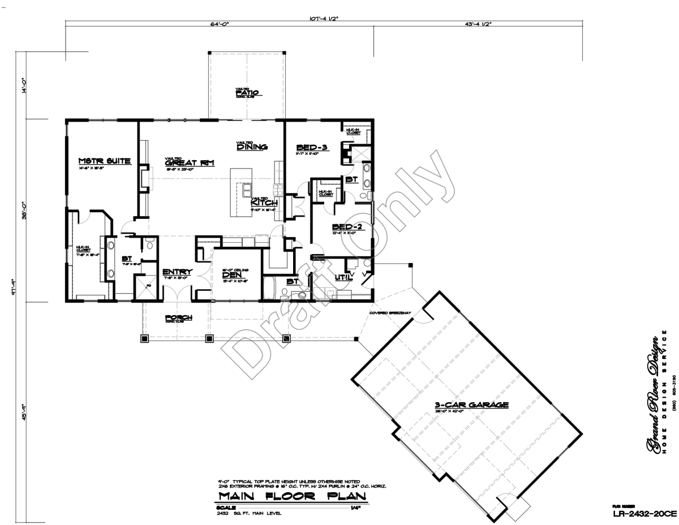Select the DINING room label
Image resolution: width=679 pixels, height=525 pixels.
(252, 147)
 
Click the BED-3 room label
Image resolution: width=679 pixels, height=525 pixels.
(312, 147)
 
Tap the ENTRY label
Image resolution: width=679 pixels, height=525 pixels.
(177, 272)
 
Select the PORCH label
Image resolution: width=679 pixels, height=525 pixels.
(178, 317)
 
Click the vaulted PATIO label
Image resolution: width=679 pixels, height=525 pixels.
(247, 93)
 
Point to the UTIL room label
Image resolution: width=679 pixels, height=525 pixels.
(343, 278)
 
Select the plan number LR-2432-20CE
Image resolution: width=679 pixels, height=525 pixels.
(644, 514)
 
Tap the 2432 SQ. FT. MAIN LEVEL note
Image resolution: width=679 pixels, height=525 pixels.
(249, 513)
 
